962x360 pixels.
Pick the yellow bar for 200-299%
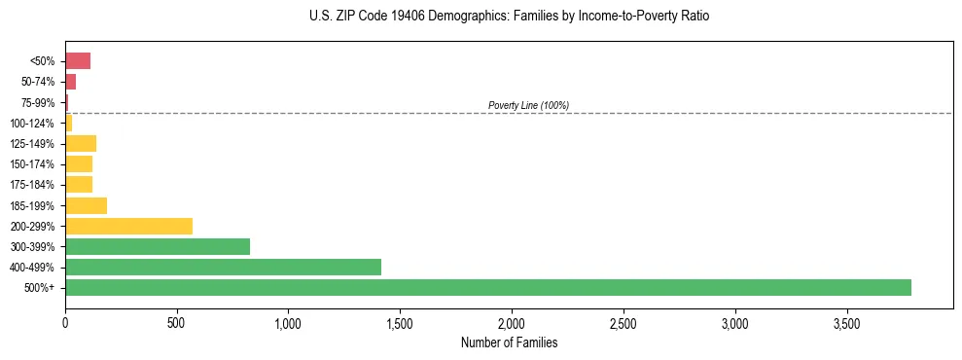click(x=128, y=226)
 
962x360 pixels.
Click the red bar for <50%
click(x=78, y=61)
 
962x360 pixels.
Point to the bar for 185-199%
click(x=86, y=205)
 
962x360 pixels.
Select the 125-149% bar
click(x=81, y=144)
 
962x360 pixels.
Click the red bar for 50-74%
click(x=70, y=82)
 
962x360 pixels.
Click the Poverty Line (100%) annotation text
click(x=528, y=105)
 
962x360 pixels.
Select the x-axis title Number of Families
click(x=509, y=342)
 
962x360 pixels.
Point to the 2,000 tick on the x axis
click(x=511, y=322)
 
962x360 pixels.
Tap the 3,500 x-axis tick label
click(x=846, y=322)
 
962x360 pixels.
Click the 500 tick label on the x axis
click(x=176, y=322)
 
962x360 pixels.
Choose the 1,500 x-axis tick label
click(x=399, y=322)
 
